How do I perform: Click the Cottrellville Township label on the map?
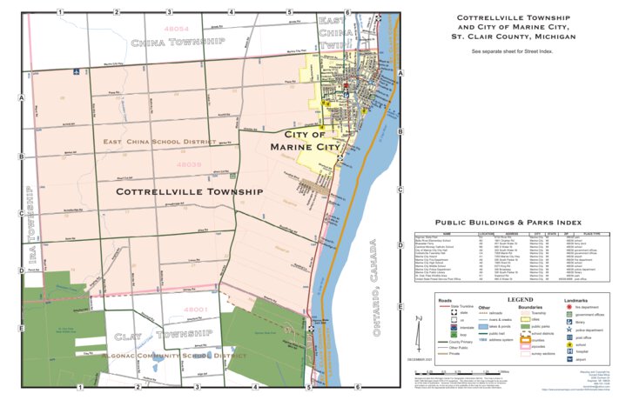(x=189, y=191)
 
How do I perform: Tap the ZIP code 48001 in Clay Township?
(x=196, y=309)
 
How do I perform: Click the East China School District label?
(x=158, y=141)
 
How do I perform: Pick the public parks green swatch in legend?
(x=527, y=325)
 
